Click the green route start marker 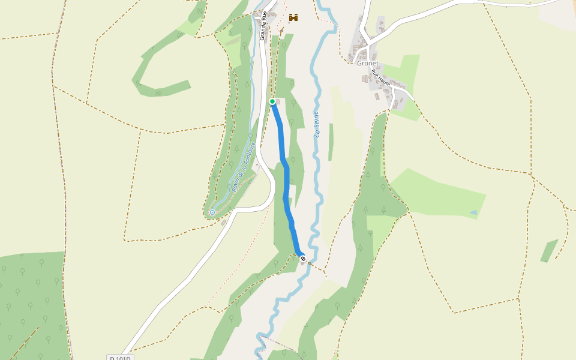(272, 101)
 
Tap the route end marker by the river (303, 259)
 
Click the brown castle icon (293, 18)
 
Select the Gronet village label (368, 63)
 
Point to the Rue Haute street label (381, 79)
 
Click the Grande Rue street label (263, 29)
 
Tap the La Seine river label (316, 125)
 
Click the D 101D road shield (121, 358)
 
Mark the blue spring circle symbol (212, 212)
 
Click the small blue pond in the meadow (474, 212)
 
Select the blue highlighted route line (286, 180)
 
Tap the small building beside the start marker (278, 101)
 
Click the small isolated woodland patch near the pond (549, 251)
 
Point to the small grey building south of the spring (224, 223)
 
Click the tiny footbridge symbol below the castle (281, 30)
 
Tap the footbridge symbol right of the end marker (310, 262)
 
